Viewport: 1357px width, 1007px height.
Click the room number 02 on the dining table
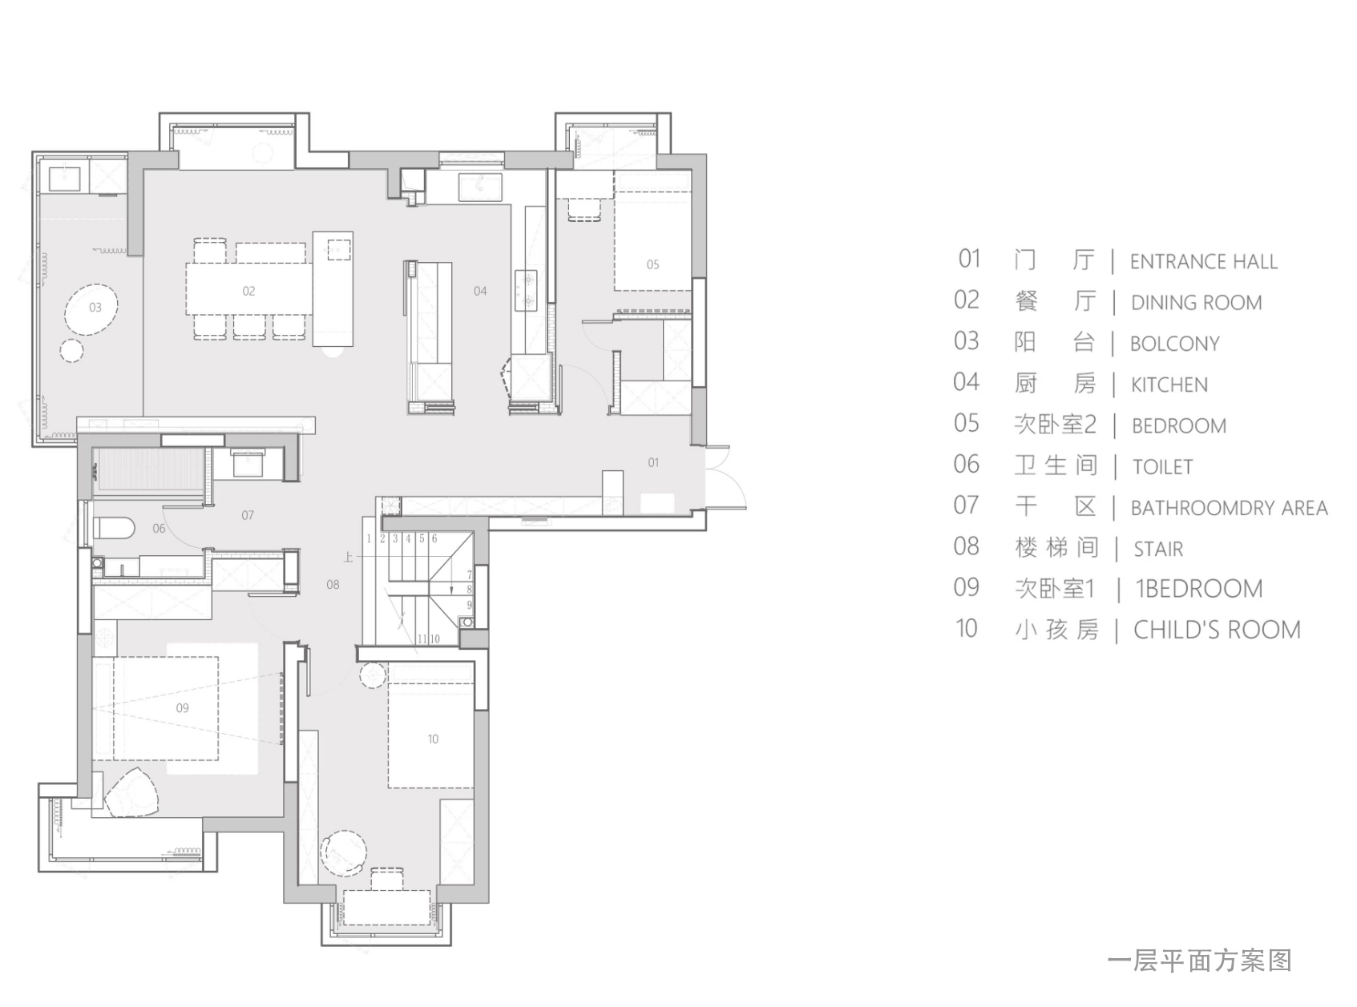[x=248, y=292]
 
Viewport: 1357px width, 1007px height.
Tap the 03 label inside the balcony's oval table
[x=95, y=307]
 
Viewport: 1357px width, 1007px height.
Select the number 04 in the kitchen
[x=480, y=292]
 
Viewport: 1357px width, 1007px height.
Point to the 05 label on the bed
[x=652, y=265]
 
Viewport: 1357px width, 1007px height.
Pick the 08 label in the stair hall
[x=333, y=585]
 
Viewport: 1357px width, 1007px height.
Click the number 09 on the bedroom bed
[x=182, y=708]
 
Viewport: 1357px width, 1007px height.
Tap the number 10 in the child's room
[x=433, y=739]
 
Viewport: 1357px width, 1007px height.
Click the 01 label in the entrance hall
[x=653, y=462]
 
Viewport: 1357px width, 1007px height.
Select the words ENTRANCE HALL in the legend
[x=1203, y=262]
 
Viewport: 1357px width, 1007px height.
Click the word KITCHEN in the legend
[x=1169, y=385]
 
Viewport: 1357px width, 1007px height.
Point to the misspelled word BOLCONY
[x=1175, y=344]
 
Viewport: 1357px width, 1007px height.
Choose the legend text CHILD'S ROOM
[x=1217, y=630]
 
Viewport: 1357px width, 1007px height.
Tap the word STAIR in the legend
[x=1158, y=550]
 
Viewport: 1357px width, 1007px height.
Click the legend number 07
[x=966, y=506]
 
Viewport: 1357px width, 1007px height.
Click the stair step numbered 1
[x=369, y=539]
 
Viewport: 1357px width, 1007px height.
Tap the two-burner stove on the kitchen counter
[x=526, y=290]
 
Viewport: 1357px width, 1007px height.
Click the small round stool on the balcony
[x=71, y=351]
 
